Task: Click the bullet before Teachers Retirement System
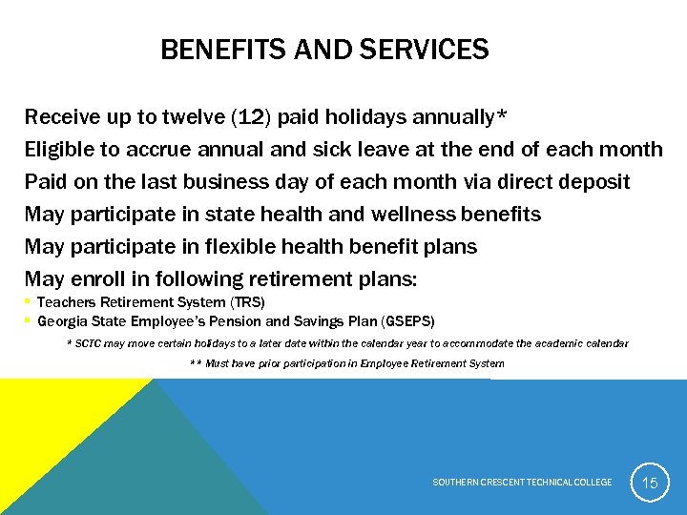[28, 302]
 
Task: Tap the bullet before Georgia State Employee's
[28, 321]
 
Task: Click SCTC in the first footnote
[87, 342]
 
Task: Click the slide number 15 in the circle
[649, 483]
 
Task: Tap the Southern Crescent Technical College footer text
[522, 483]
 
